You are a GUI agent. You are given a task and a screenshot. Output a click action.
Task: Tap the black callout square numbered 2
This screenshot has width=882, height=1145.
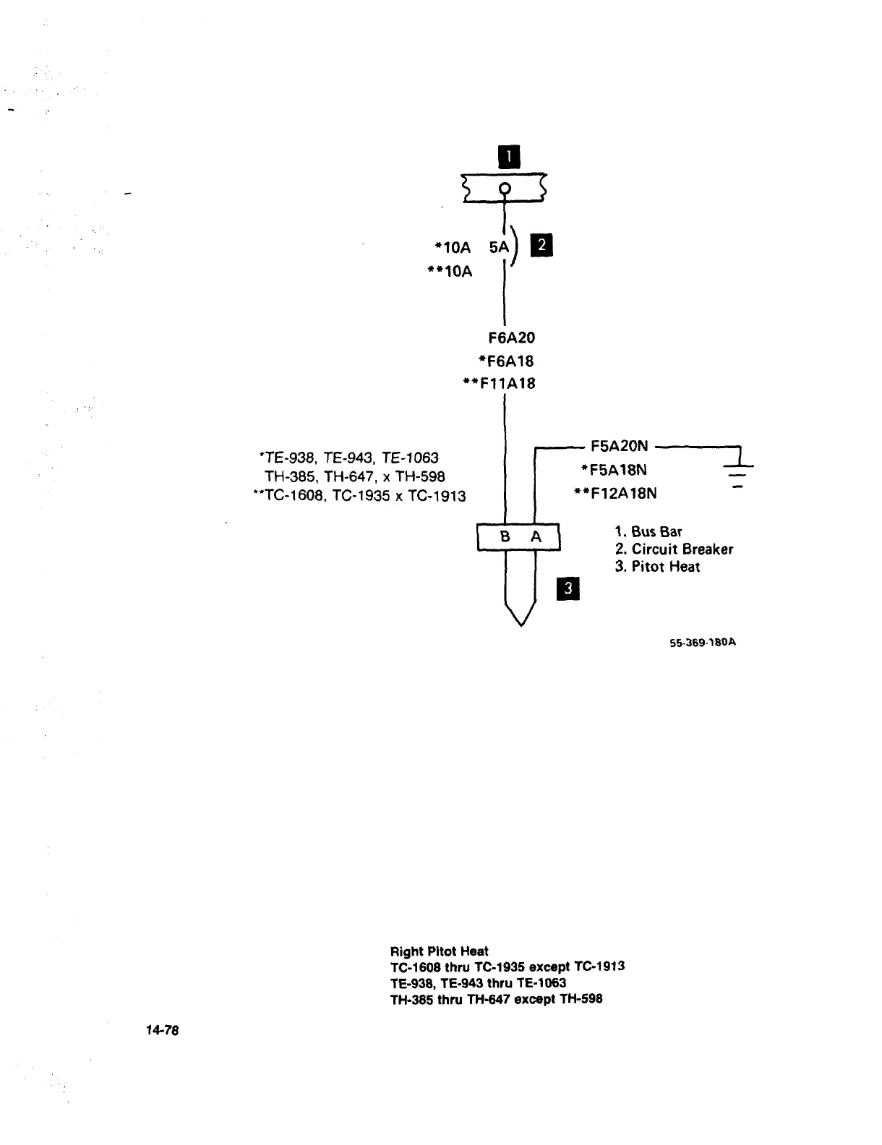(541, 246)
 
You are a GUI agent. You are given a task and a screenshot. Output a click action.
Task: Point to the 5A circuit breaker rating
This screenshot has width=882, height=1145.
(499, 247)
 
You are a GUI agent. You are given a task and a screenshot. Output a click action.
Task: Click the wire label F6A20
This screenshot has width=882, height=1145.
(512, 338)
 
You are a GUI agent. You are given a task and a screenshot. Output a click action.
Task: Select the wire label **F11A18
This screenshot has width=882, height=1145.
(499, 384)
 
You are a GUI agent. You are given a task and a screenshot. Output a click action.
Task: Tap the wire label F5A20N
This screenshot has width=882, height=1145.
(620, 446)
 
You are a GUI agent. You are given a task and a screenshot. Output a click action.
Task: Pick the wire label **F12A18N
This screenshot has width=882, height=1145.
(615, 494)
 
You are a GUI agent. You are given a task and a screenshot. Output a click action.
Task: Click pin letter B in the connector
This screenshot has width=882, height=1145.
(505, 537)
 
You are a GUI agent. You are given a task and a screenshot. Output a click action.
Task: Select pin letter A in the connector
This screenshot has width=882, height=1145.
(536, 537)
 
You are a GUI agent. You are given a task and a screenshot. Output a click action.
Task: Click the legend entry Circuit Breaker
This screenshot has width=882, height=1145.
(674, 549)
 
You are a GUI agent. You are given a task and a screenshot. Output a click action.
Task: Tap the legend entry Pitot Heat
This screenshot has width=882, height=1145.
(658, 567)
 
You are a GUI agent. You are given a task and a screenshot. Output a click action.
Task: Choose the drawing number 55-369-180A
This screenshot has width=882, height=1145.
(703, 642)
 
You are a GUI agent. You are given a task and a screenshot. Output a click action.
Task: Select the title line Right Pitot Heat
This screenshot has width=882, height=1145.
(439, 951)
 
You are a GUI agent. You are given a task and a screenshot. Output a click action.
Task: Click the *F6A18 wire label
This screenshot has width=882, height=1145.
(505, 361)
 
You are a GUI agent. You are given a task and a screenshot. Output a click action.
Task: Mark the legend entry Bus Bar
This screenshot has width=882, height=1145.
(648, 532)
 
